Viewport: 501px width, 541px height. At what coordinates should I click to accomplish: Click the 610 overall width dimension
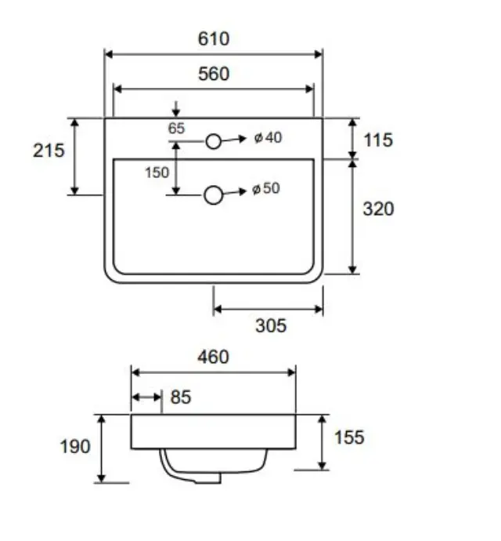pyautogui.click(x=214, y=38)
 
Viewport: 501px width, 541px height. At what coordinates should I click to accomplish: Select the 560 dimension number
pyautogui.click(x=214, y=74)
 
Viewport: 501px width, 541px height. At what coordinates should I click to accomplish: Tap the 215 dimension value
pyautogui.click(x=49, y=151)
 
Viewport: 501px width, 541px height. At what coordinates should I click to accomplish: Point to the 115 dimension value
pyautogui.click(x=378, y=140)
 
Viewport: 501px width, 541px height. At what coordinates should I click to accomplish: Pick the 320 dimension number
pyautogui.click(x=378, y=209)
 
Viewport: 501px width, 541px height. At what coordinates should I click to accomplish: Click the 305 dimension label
pyautogui.click(x=271, y=325)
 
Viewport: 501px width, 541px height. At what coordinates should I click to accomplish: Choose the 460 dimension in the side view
pyautogui.click(x=213, y=357)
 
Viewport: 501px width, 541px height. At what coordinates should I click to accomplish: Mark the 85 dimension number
pyautogui.click(x=181, y=397)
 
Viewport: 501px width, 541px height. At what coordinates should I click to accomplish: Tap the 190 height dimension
pyautogui.click(x=75, y=446)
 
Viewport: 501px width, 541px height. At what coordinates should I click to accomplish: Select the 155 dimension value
pyautogui.click(x=349, y=438)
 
